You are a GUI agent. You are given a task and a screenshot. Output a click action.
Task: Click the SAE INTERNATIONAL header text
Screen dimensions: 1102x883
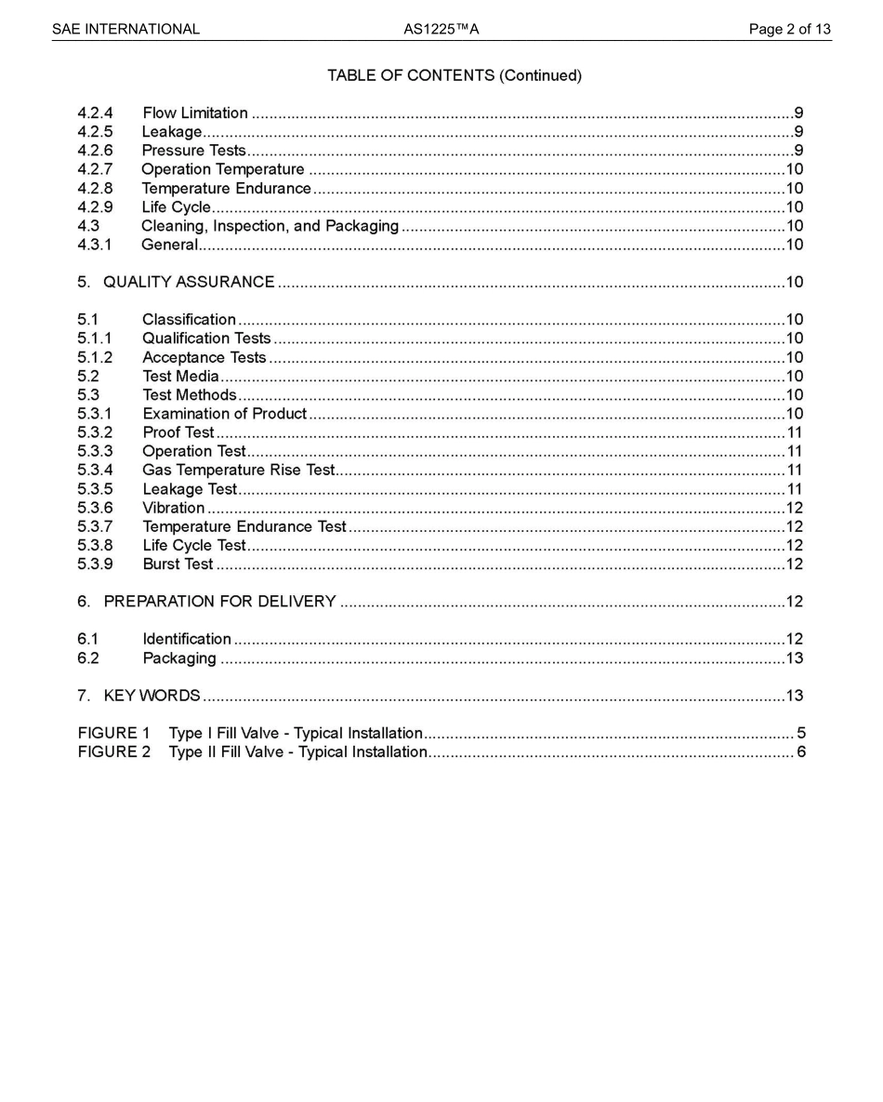tap(125, 29)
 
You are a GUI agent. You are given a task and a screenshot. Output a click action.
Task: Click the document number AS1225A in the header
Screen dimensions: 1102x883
tap(441, 29)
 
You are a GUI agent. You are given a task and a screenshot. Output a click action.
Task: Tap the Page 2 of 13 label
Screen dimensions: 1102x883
tap(789, 29)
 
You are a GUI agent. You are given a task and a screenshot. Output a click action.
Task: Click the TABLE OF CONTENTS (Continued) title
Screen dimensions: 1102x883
tap(454, 75)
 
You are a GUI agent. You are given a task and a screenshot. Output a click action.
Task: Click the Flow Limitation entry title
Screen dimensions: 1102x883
tap(195, 113)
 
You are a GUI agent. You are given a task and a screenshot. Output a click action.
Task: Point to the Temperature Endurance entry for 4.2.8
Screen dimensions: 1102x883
tap(226, 189)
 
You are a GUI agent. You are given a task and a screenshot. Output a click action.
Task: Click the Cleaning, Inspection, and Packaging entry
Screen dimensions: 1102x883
tap(270, 226)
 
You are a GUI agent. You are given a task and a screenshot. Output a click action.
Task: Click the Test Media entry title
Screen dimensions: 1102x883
tap(180, 377)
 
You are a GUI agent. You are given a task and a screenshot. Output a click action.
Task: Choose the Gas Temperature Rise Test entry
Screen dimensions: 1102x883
tap(238, 471)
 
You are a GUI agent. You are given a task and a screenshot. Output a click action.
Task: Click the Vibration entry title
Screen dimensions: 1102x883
tap(173, 508)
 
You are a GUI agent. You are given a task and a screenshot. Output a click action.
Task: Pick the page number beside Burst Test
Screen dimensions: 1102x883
tap(795, 564)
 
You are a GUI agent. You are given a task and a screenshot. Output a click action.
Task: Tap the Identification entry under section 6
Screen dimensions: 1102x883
tap(186, 639)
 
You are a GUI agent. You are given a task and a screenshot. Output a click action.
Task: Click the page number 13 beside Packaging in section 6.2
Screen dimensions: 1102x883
tap(795, 658)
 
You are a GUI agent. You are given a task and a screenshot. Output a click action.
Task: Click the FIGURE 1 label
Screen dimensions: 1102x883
tap(113, 734)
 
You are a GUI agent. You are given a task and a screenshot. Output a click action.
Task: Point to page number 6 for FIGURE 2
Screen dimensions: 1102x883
tap(800, 752)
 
